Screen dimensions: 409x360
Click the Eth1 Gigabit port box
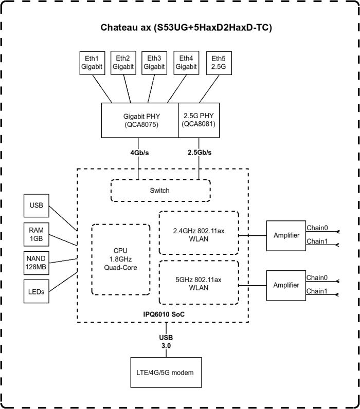pos(93,63)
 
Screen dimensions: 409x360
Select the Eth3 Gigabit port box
pos(155,63)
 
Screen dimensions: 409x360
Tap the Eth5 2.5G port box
pos(218,63)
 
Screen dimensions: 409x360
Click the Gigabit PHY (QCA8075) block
pos(139,120)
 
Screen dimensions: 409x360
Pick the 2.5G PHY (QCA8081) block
pos(199,120)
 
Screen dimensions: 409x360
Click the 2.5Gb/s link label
pos(199,153)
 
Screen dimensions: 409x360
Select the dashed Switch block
pos(161,191)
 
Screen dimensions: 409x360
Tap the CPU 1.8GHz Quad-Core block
pos(121,259)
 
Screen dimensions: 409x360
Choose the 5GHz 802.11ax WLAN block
pos(199,283)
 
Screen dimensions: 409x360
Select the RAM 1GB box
pos(37,235)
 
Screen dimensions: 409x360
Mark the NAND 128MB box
pos(37,263)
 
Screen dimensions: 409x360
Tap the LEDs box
pos(37,291)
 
